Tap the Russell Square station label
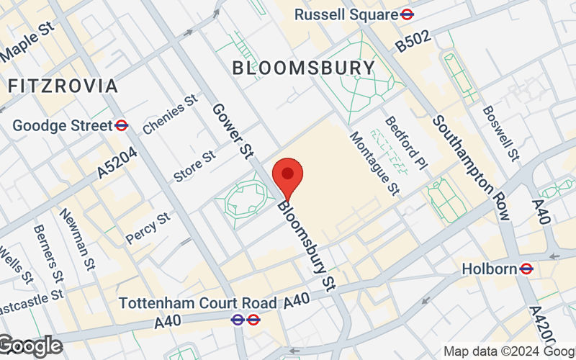pos(346,14)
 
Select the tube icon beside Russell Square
pos(408,14)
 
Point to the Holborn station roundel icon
pos(526,269)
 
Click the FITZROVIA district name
pos(63,86)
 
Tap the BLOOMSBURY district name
pos(303,68)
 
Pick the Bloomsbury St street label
pos(308,246)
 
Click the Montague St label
pos(374,163)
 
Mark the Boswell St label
pos(501,133)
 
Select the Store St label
pos(194,166)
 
